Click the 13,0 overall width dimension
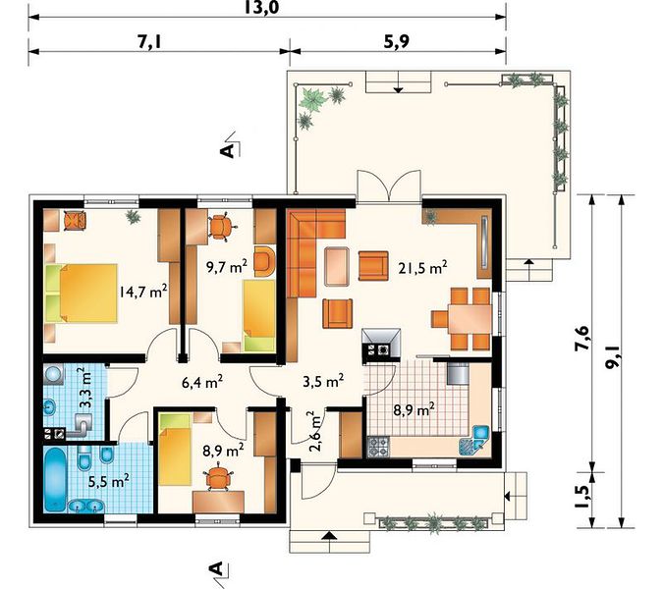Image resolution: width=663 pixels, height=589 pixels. coord(261,7)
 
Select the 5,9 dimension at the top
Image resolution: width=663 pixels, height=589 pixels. coord(397,41)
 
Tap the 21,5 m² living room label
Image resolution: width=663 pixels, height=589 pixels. coord(422,268)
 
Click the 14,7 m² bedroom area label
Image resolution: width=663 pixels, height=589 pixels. coord(143,292)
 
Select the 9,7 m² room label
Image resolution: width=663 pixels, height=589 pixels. coord(227,267)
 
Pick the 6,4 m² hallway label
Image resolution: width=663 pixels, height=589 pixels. coord(202,383)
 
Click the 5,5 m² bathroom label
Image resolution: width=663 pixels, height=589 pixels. coord(109,481)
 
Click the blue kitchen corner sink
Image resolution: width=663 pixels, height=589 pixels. coord(474,442)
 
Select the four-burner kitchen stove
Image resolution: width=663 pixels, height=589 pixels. coord(378,447)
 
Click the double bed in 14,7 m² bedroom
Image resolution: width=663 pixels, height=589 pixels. coord(81,294)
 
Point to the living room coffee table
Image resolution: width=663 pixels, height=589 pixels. coord(337,266)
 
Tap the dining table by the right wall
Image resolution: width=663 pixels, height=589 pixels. coord(470,319)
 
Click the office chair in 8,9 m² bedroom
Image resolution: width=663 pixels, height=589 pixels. coord(219,477)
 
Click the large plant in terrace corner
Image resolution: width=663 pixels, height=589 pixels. coord(312,100)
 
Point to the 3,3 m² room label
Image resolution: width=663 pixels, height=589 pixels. coord(86,388)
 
